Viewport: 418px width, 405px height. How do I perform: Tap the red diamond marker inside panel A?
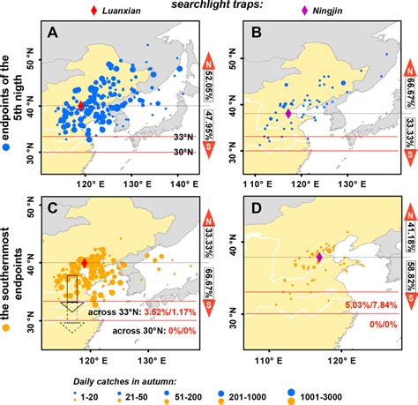click(82, 105)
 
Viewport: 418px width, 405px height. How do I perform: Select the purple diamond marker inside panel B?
click(288, 113)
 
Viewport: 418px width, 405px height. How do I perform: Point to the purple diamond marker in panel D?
click(320, 258)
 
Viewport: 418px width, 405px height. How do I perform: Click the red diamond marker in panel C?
click(85, 263)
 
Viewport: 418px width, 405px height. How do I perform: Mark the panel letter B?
click(256, 34)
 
